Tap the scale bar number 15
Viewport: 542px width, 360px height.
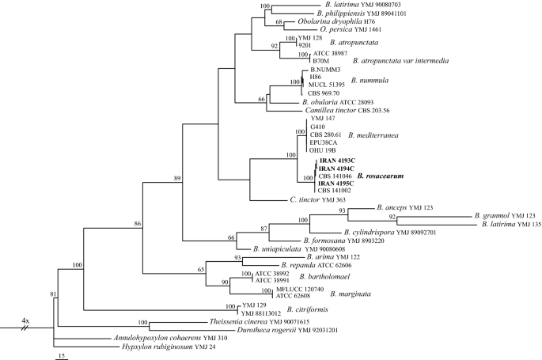(61, 355)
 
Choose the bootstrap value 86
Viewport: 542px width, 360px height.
(138, 225)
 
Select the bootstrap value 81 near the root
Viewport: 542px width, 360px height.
(54, 295)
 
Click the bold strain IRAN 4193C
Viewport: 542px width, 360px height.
(335, 161)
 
